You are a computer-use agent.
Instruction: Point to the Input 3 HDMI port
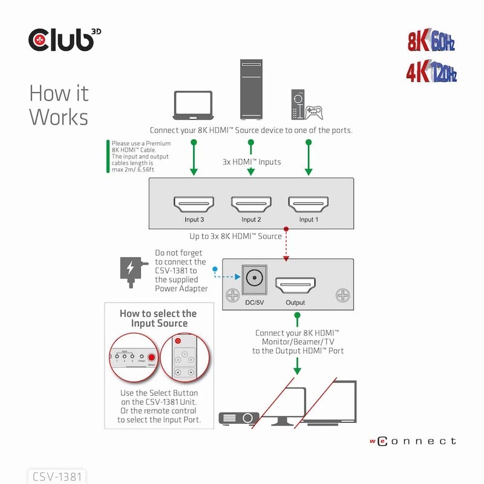pos(194,203)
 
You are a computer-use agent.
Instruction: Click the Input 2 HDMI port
pos(250,203)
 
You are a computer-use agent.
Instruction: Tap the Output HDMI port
pos(296,284)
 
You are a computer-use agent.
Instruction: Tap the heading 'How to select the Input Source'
pos(158,318)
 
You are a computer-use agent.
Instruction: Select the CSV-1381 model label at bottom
pos(55,476)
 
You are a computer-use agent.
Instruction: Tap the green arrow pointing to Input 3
pos(194,159)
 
